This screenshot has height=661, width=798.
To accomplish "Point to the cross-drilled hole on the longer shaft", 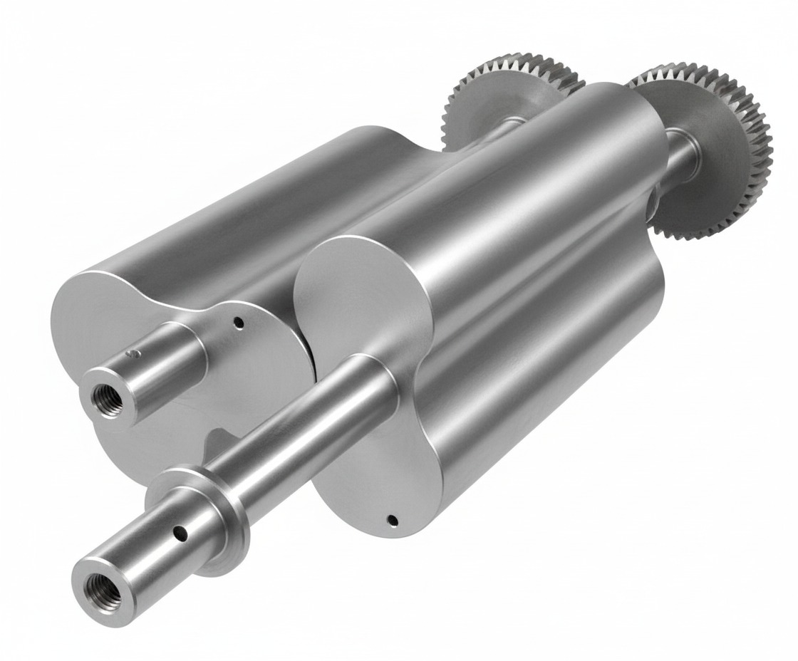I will coord(182,531).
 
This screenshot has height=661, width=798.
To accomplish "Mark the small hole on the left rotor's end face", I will coord(239,323).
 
